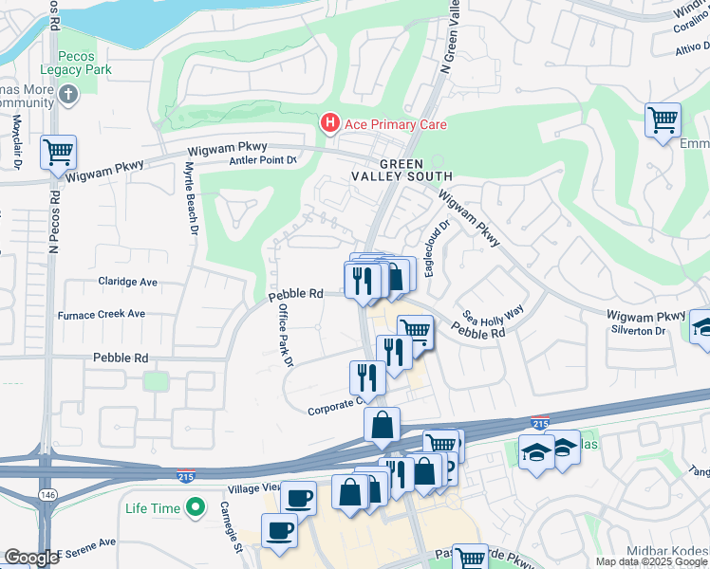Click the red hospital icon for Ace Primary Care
329,123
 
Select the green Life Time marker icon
196,508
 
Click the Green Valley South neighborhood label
414,169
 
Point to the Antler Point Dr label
263,160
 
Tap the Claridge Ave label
131,282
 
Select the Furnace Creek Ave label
102,314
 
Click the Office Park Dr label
286,336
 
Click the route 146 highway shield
47,495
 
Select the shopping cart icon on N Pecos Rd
58,151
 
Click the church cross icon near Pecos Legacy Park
66,94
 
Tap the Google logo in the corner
31,558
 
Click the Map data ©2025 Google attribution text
651,561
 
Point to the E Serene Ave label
86,552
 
